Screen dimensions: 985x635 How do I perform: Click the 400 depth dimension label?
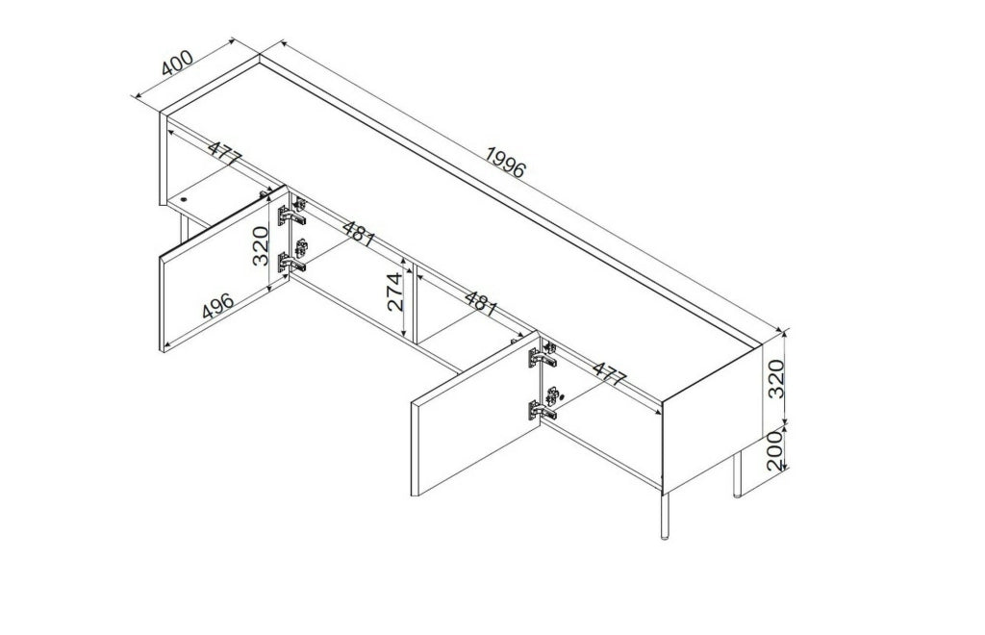click(177, 63)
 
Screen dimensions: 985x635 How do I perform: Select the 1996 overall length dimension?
click(505, 162)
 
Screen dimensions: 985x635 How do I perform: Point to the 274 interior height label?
click(394, 292)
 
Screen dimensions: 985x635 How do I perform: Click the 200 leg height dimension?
click(776, 450)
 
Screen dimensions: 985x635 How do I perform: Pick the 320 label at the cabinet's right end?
click(776, 379)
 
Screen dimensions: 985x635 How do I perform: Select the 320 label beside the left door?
click(261, 245)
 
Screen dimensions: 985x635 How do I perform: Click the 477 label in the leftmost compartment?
click(224, 155)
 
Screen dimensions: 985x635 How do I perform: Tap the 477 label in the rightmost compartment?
click(610, 373)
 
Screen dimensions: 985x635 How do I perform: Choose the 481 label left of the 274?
click(359, 233)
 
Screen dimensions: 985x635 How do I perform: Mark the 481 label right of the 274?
click(481, 303)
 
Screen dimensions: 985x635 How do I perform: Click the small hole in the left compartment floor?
click(184, 200)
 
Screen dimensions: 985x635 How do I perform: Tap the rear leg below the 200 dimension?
click(738, 473)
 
